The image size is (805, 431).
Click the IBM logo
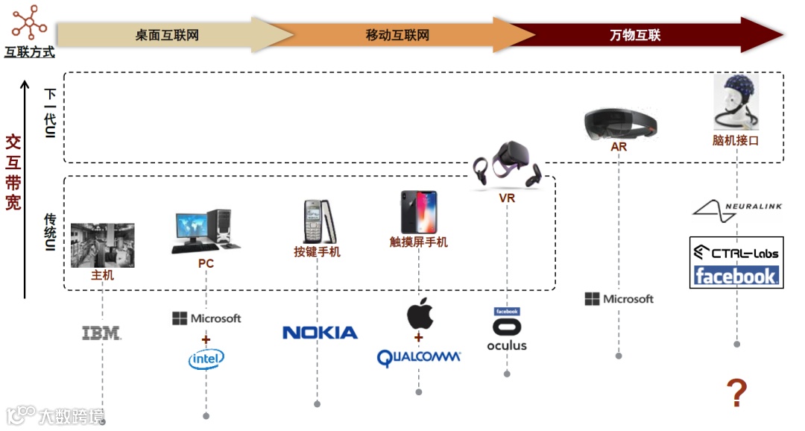click(101, 333)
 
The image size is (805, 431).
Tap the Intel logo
click(206, 360)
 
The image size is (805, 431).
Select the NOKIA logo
click(320, 333)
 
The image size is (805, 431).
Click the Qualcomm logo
click(418, 358)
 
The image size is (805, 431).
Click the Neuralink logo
click(736, 208)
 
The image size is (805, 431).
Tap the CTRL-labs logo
click(736, 252)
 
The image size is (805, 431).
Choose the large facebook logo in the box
click(736, 276)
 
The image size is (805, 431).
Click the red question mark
click(736, 393)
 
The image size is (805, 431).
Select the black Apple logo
click(419, 313)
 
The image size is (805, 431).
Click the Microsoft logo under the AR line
click(619, 299)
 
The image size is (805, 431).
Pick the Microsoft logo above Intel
click(206, 318)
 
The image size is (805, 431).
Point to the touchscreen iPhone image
click(418, 213)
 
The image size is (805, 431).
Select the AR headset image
click(620, 122)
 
